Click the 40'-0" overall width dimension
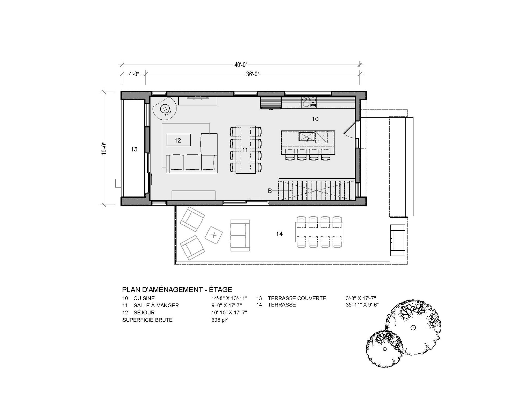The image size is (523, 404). tap(241, 65)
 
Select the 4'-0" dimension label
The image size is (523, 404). tap(134, 74)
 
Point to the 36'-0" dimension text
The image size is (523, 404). tap(253, 74)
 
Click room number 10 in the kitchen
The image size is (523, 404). tap(315, 119)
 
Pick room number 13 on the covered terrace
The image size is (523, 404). tap(134, 149)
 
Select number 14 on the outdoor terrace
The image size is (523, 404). tap(279, 234)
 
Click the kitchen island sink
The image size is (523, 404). tap(306, 137)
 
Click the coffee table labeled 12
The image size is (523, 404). tap(178, 140)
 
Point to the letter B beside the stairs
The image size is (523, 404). tap(270, 191)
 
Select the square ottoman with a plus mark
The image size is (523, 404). tap(214, 235)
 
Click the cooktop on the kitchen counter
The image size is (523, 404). tap(309, 102)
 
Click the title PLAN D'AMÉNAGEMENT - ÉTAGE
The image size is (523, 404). tap(177, 290)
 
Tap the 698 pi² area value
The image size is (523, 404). tap(219, 320)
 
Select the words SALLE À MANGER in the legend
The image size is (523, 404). tap(156, 305)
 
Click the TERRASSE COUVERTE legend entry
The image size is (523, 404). tap(297, 298)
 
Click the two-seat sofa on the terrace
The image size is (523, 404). tap(240, 236)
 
